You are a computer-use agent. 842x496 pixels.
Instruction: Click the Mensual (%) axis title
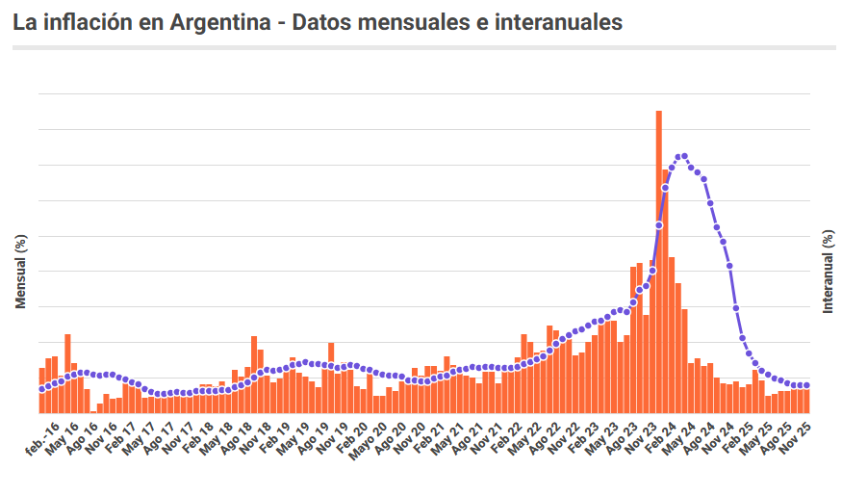(x=20, y=272)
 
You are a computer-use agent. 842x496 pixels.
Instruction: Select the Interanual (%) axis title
(x=828, y=272)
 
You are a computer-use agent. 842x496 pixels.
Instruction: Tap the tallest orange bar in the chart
(x=659, y=260)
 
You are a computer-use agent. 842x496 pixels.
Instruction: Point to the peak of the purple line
(x=683, y=155)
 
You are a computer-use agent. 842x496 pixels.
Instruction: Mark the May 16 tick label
(x=63, y=432)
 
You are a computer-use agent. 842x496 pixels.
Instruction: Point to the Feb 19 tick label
(x=274, y=432)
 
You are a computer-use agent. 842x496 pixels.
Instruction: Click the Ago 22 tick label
(x=545, y=432)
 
